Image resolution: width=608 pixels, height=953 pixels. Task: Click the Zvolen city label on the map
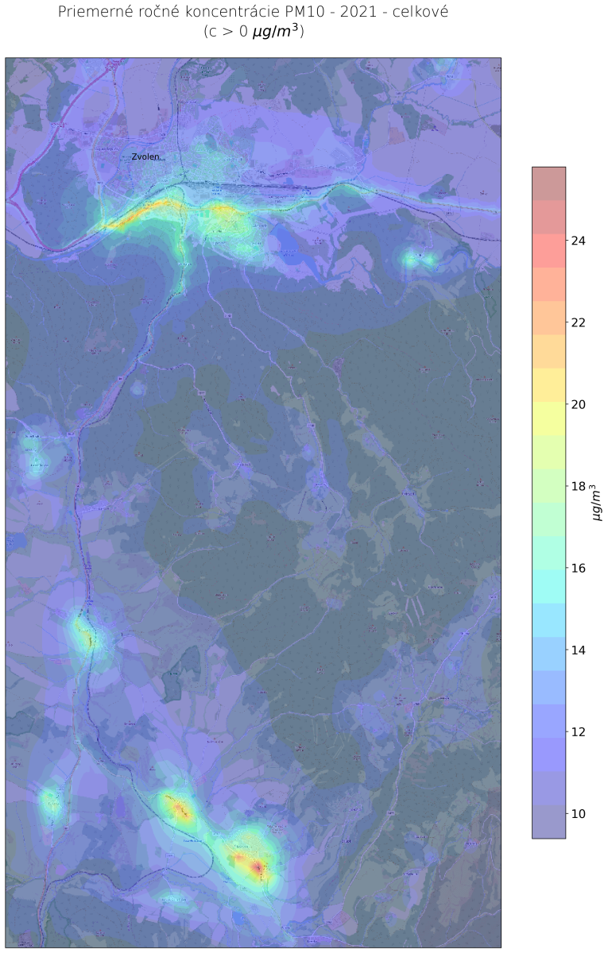tap(145, 157)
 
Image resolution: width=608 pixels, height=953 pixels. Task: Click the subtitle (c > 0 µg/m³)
tap(254, 33)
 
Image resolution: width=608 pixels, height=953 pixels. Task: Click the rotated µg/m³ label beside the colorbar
tap(597, 503)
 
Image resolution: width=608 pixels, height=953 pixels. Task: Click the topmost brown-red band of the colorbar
tap(548, 183)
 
